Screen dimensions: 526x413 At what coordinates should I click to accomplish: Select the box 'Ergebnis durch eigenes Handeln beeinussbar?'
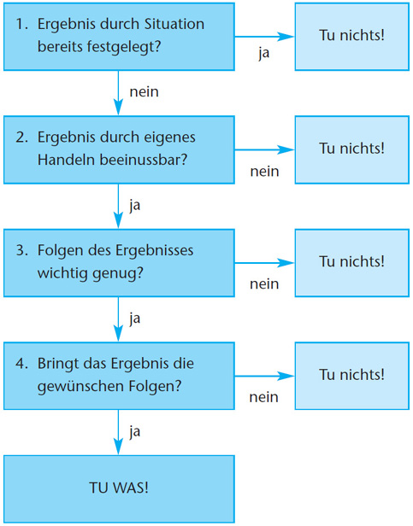click(119, 148)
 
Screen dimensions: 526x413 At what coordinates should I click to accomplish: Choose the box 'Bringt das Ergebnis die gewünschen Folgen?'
click(119, 375)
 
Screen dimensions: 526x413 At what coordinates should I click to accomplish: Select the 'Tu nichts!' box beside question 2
click(351, 148)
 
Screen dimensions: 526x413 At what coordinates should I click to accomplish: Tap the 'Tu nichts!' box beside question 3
click(351, 261)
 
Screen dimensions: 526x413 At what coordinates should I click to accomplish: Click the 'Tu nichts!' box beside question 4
click(351, 375)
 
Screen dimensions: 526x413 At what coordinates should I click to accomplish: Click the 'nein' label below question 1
click(144, 91)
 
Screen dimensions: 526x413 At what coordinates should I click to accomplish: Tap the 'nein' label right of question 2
click(264, 172)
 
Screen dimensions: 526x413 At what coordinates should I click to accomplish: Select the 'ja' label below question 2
click(134, 205)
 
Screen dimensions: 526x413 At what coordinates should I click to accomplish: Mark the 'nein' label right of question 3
click(264, 284)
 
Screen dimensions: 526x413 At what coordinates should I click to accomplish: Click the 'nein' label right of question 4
click(264, 397)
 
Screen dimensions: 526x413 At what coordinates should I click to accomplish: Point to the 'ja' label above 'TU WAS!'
click(134, 431)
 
